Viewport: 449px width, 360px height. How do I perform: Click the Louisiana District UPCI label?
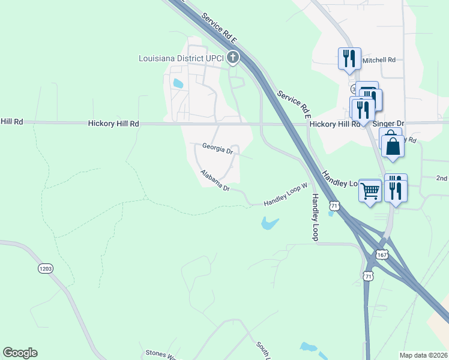point(181,58)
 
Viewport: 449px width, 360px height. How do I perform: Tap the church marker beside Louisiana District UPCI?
point(233,58)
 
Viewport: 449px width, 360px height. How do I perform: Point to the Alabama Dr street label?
point(215,180)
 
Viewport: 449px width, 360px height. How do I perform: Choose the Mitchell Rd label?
point(379,60)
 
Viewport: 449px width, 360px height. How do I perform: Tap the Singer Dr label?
point(389,124)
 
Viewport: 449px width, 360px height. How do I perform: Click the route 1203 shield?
point(46,268)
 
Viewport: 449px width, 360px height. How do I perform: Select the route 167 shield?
point(382,254)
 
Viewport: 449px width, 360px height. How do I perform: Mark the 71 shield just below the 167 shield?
point(369,275)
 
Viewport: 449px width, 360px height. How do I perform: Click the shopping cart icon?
point(370,190)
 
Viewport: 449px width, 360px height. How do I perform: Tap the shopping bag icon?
point(393,146)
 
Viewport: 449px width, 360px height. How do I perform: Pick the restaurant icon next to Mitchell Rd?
point(349,58)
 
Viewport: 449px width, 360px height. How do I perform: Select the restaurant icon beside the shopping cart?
point(396,190)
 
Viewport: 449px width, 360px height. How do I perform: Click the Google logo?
point(20,353)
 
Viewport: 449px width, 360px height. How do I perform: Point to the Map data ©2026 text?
point(424,355)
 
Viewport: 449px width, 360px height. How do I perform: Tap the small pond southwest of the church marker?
point(178,84)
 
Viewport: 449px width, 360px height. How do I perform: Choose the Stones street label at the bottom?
point(156,353)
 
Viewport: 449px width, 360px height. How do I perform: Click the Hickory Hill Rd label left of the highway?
point(113,124)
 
